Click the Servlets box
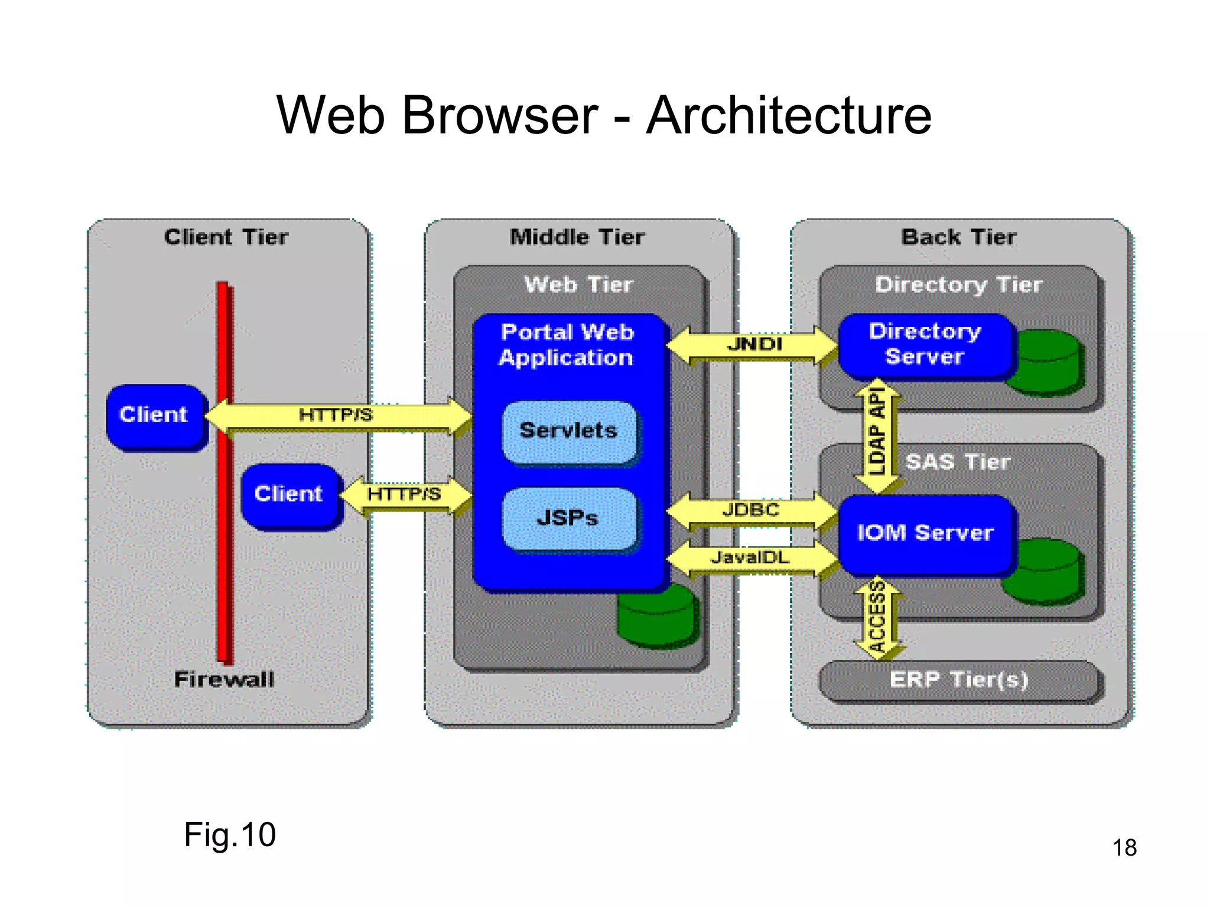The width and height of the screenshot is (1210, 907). point(568,431)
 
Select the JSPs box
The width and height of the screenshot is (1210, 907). point(568,518)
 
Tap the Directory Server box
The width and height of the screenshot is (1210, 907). point(925,344)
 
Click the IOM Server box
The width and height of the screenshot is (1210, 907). point(925,533)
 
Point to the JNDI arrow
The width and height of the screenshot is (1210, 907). point(753,345)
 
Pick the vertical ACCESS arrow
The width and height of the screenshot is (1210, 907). point(878,617)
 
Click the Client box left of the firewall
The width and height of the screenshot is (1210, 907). point(155,415)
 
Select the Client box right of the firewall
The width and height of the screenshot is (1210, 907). point(290,494)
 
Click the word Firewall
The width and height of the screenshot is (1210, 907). point(225,679)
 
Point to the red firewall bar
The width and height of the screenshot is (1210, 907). point(224,531)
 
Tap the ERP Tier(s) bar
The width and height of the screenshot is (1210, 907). point(958,680)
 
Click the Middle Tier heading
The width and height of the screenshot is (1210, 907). point(577,237)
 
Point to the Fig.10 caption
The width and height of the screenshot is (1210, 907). point(230,834)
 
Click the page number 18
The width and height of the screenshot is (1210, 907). point(1124,847)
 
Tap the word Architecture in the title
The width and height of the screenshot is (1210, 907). point(789,115)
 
